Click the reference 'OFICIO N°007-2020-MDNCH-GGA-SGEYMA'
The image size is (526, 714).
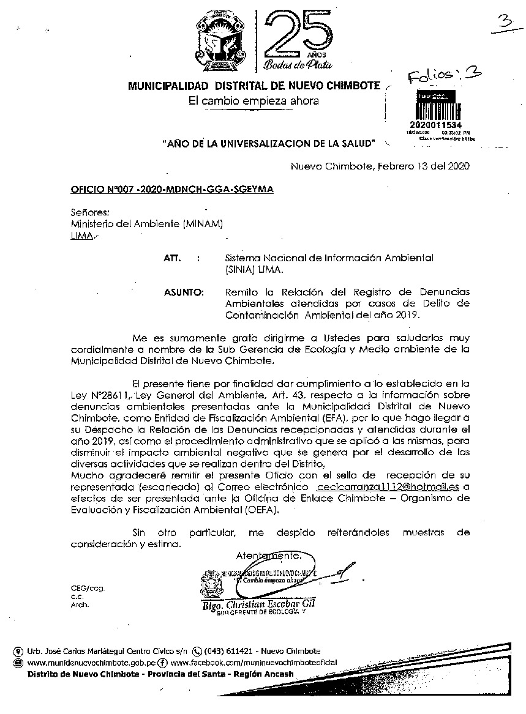(172, 190)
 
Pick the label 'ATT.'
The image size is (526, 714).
(172, 259)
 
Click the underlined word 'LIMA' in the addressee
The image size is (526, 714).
(81, 235)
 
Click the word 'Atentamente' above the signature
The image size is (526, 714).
(268, 556)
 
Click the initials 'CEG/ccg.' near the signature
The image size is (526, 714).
(88, 587)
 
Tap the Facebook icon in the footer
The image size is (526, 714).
(163, 663)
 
